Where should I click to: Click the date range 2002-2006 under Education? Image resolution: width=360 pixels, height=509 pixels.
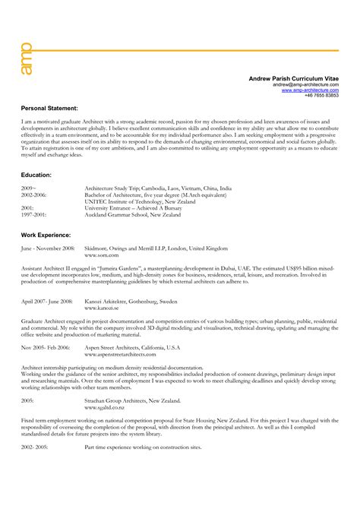coord(34,194)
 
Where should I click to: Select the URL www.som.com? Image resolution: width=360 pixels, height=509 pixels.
coord(99,254)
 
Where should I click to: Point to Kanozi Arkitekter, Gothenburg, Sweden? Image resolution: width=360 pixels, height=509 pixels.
coord(132,302)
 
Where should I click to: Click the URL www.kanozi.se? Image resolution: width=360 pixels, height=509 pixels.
coord(100,308)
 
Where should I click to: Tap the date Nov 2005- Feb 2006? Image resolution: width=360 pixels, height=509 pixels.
coord(46,346)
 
